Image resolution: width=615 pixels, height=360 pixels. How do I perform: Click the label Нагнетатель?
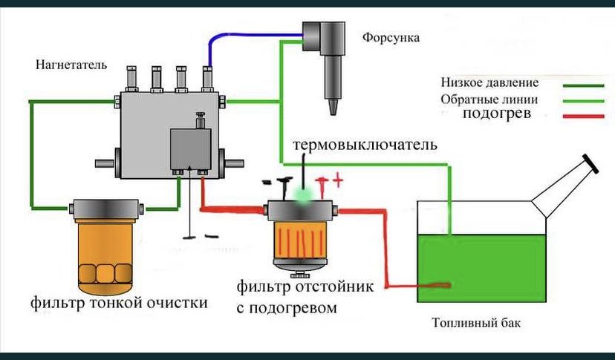click(71, 65)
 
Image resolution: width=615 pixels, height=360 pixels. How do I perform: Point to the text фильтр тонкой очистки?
click(119, 303)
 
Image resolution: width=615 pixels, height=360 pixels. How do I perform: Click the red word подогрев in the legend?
click(496, 114)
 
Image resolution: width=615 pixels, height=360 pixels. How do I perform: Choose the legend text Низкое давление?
click(489, 82)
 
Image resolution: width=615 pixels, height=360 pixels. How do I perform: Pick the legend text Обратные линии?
click(489, 99)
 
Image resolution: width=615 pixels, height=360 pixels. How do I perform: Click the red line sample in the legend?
click(584, 116)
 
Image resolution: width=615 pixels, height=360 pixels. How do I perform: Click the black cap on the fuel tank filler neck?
click(590, 163)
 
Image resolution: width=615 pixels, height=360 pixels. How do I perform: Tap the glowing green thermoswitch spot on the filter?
click(302, 195)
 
